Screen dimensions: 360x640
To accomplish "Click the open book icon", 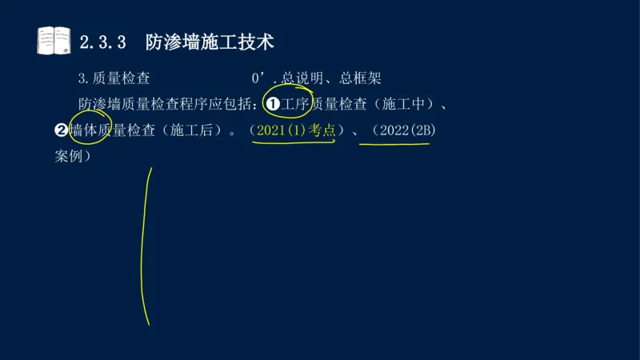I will (x=54, y=40).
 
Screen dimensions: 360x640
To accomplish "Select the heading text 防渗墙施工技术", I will (x=210, y=42).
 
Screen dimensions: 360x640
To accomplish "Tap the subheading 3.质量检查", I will (x=114, y=78).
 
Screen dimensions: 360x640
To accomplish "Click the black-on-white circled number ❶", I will (x=272, y=104).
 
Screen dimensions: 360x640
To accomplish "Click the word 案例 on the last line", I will (x=70, y=156).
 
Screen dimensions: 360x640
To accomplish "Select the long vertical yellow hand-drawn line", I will (x=146, y=248).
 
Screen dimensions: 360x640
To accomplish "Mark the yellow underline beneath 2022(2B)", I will (x=394, y=145).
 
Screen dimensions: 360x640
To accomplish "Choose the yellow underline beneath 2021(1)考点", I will (x=293, y=144).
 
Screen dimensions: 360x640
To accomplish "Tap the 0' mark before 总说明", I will (x=258, y=78).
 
